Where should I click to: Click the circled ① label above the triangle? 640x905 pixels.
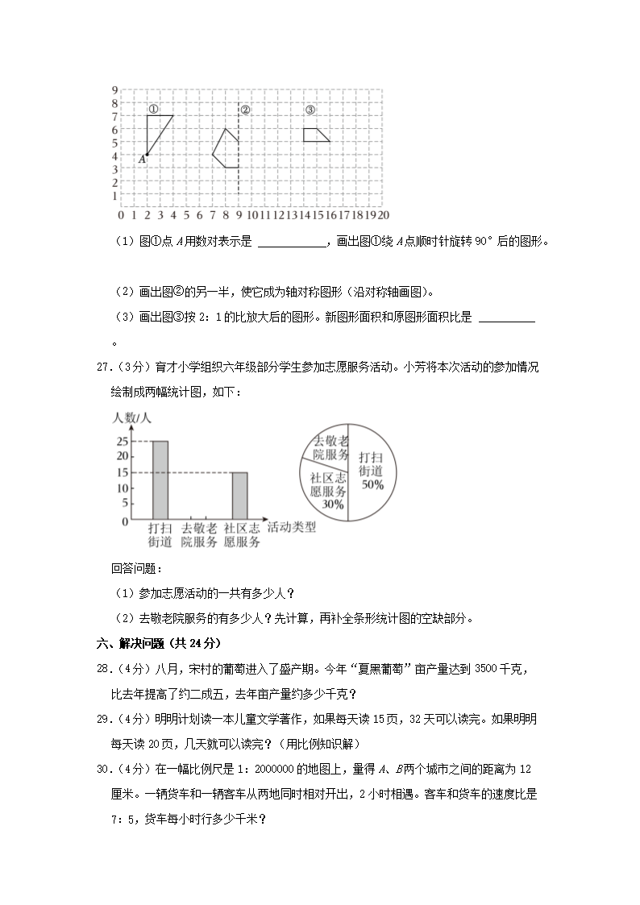153,109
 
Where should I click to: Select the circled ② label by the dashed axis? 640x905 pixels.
246,110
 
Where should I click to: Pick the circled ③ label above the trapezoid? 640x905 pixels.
310,110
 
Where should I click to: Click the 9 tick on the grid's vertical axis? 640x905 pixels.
115,89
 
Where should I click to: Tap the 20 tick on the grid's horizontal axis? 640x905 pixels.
384,216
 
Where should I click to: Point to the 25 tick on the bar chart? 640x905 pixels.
123,442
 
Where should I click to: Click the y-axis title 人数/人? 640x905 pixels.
133,417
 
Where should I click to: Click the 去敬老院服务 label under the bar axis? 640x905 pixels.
199,535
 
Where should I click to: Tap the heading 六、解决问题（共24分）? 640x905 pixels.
157,643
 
